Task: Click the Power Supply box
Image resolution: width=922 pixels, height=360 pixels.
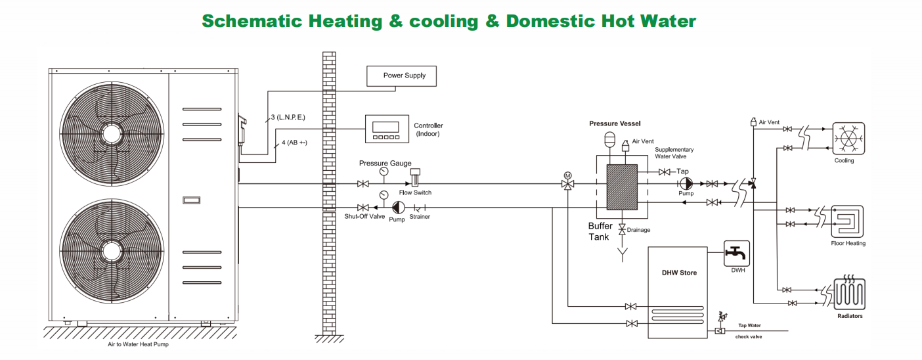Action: pyautogui.click(x=401, y=76)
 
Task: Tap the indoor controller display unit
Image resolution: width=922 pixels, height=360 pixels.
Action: pyautogui.click(x=387, y=129)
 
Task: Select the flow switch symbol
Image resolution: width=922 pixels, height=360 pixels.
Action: pyautogui.click(x=415, y=178)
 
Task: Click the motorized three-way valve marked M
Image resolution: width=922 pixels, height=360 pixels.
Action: pyautogui.click(x=568, y=181)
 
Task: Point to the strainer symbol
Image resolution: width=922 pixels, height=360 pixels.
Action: pyautogui.click(x=420, y=208)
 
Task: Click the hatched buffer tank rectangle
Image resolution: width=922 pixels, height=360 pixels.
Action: pyautogui.click(x=622, y=187)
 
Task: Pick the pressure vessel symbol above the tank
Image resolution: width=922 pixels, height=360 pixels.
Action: pyautogui.click(x=609, y=139)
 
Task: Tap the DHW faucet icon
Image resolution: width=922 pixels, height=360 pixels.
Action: pyautogui.click(x=736, y=254)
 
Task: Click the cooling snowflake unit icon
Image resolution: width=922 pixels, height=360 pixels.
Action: pyautogui.click(x=848, y=139)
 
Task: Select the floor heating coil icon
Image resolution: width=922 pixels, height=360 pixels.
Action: pyautogui.click(x=847, y=221)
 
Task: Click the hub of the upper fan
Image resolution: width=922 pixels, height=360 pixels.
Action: pyautogui.click(x=112, y=134)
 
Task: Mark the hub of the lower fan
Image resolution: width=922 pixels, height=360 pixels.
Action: pyautogui.click(x=112, y=251)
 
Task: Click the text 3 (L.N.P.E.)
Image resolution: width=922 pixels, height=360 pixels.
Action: pyautogui.click(x=288, y=118)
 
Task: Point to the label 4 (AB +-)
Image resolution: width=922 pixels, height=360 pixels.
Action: pyautogui.click(x=294, y=143)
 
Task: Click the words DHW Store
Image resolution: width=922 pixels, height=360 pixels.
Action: pyautogui.click(x=679, y=273)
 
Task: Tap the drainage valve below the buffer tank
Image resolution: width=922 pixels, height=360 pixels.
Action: pyautogui.click(x=622, y=229)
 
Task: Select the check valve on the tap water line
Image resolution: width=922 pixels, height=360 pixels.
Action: pyautogui.click(x=720, y=330)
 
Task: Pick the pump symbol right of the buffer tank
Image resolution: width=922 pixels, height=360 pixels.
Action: pyautogui.click(x=686, y=184)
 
